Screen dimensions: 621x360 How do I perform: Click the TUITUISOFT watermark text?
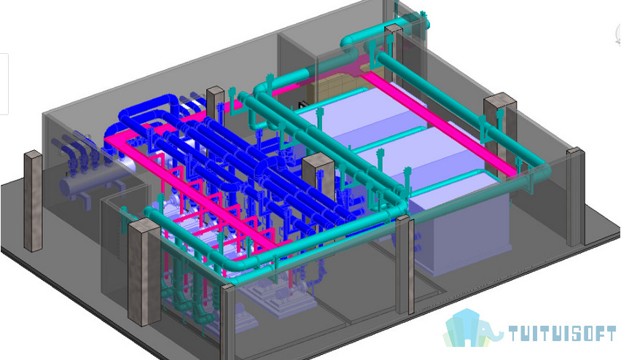[x=563, y=334]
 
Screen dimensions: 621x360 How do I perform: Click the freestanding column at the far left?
[x=34, y=201]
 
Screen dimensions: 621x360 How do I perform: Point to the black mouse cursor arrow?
[x=302, y=105]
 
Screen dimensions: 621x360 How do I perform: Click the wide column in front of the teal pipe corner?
[x=144, y=271]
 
